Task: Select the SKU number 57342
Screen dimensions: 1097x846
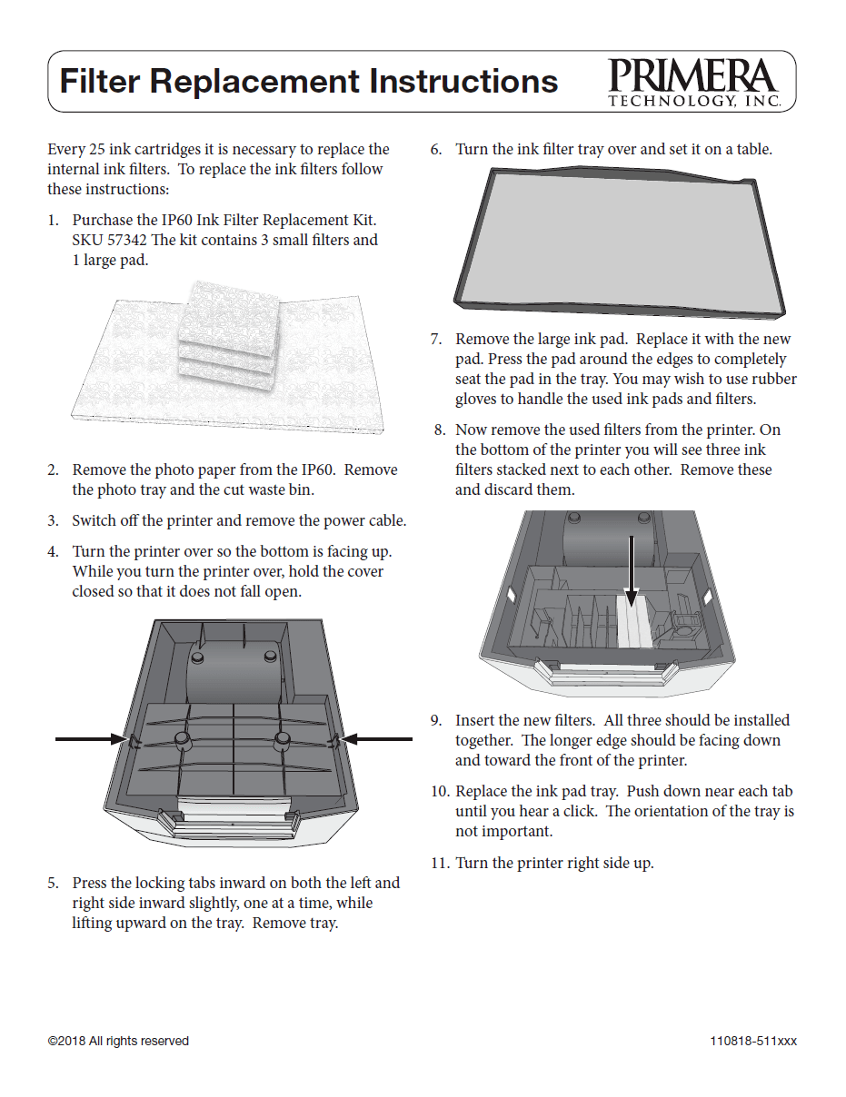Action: pyautogui.click(x=128, y=240)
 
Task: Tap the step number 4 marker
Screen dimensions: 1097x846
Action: pyautogui.click(x=53, y=551)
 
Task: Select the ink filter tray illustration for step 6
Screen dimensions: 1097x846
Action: pyautogui.click(x=618, y=243)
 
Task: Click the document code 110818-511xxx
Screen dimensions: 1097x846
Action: pyautogui.click(x=753, y=1041)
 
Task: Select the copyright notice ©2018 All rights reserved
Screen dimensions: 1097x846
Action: pyautogui.click(x=118, y=1041)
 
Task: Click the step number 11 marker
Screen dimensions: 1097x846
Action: pyautogui.click(x=440, y=863)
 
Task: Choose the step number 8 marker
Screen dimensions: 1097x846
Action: pyautogui.click(x=440, y=430)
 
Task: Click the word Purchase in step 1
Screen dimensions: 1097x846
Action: pyautogui.click(x=102, y=220)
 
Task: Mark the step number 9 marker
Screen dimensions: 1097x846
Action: pyautogui.click(x=436, y=720)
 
